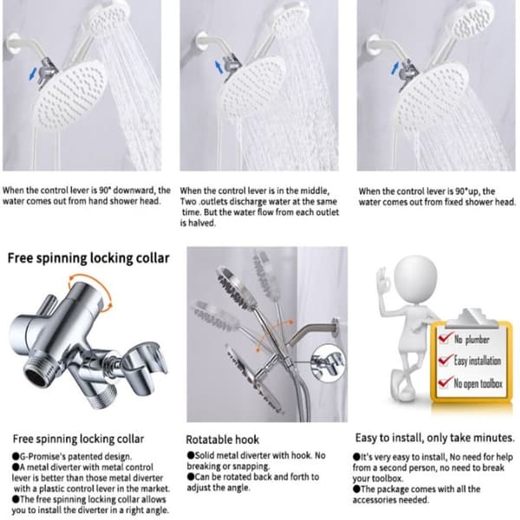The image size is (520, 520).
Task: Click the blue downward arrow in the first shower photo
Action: [x=32, y=74]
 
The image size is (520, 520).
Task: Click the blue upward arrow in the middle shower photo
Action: [x=218, y=67]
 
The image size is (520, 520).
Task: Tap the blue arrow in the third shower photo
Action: [x=394, y=68]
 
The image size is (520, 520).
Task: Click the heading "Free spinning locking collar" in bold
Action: [x=88, y=258]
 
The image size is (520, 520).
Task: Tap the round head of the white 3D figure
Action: [x=415, y=278]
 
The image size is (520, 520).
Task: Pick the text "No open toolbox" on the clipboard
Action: [x=478, y=384]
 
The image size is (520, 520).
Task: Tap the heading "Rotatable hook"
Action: [x=222, y=439]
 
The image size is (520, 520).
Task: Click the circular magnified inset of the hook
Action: [x=328, y=363]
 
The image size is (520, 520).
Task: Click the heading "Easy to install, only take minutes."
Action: [x=435, y=438]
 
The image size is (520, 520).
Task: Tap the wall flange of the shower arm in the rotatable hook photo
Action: [x=335, y=328]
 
